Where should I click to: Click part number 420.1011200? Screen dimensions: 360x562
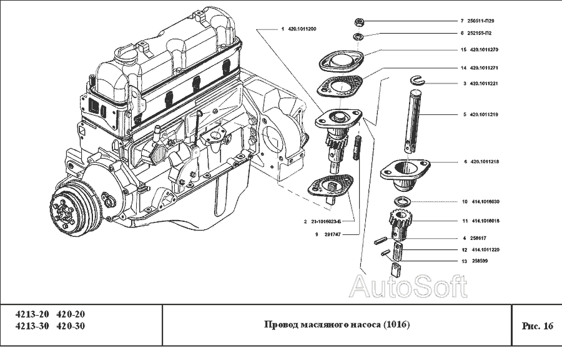(302, 29)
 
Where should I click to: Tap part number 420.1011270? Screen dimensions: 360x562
(484, 49)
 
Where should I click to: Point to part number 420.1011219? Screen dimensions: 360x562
(484, 114)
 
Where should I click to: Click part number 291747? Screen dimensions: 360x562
(329, 234)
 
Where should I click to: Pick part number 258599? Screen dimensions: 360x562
(479, 260)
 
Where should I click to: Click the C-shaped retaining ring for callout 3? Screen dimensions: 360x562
(418, 79)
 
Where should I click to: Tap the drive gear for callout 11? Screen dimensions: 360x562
(399, 222)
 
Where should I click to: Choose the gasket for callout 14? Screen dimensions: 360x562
(340, 86)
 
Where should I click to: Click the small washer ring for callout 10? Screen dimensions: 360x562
(403, 201)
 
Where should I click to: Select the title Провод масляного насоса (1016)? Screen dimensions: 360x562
(337, 325)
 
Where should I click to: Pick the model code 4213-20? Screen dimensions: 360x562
(31, 314)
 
